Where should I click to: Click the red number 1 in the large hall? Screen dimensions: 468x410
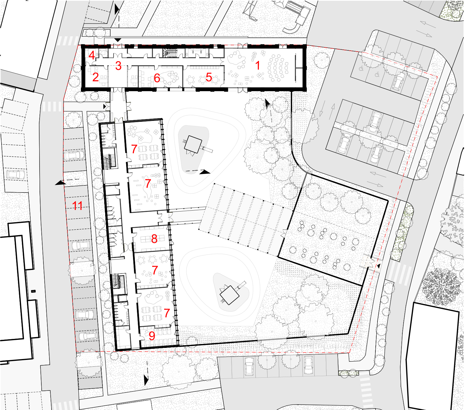[x=258, y=65]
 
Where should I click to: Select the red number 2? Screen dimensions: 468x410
[x=95, y=77]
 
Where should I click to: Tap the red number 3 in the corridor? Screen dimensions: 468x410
[x=118, y=66]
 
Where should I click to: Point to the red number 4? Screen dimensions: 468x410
[x=92, y=55]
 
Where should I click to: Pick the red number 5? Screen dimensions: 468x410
[x=209, y=77]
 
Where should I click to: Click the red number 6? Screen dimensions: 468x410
[x=157, y=78]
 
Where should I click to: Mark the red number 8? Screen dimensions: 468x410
[x=154, y=239]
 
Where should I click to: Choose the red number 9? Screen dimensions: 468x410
[x=152, y=336]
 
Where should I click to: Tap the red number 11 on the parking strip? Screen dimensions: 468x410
[x=77, y=205]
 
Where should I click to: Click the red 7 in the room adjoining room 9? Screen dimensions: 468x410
[x=167, y=313]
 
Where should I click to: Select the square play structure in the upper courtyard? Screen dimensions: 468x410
[x=193, y=144]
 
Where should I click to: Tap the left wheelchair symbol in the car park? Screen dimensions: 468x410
[x=361, y=68]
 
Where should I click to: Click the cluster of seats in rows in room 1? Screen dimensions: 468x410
[x=278, y=68]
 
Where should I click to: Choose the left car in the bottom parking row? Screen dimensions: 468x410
[x=249, y=366]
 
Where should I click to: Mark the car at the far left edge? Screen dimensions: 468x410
[x=16, y=175]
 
